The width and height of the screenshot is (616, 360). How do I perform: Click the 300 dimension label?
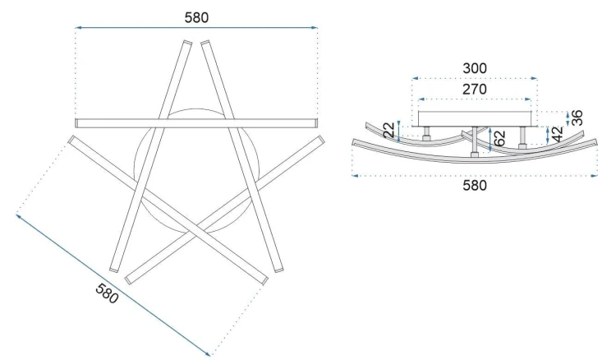coord(475,68)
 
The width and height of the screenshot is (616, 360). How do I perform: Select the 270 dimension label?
coord(475,90)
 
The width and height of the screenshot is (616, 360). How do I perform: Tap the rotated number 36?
coord(577,118)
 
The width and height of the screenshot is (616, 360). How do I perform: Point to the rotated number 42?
coord(557,135)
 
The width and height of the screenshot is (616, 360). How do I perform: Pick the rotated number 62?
coord(499,139)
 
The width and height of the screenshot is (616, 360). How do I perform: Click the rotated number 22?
coord(389,130)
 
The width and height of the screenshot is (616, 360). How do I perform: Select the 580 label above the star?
coord(196,18)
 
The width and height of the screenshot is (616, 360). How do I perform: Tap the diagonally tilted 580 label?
coord(107,293)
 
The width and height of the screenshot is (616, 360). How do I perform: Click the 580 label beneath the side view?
coord(475,185)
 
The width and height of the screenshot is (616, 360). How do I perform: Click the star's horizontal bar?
coord(196,123)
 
